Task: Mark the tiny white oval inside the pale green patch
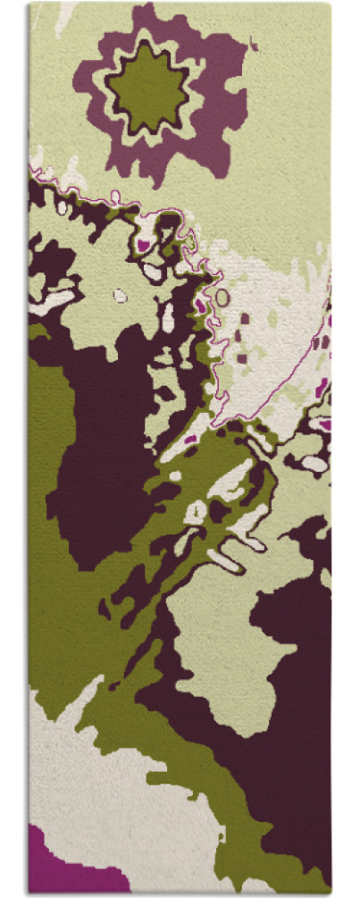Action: (120, 294)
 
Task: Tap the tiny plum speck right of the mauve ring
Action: (255, 46)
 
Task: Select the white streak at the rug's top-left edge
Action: (63, 18)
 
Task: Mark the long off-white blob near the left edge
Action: (54, 300)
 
